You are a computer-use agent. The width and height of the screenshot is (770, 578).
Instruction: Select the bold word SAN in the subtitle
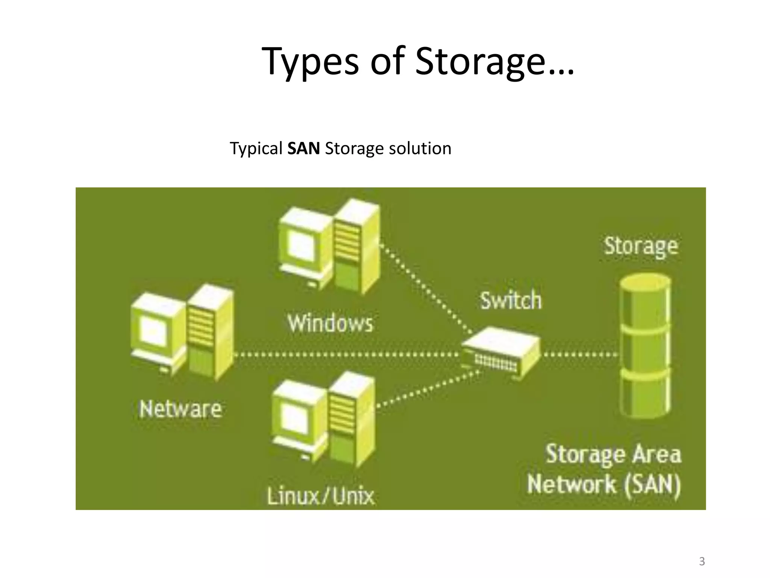pyautogui.click(x=303, y=148)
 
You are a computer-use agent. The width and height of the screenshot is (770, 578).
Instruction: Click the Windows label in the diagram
pyautogui.click(x=330, y=323)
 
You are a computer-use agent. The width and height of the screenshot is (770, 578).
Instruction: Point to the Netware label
pyautogui.click(x=180, y=409)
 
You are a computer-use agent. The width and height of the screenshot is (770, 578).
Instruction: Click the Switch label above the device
pyautogui.click(x=511, y=300)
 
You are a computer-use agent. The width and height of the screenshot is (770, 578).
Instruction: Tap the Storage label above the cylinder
pyautogui.click(x=641, y=246)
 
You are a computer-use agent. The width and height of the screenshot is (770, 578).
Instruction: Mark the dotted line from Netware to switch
pyautogui.click(x=346, y=354)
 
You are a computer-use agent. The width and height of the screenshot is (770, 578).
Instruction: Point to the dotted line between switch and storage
pyautogui.click(x=579, y=354)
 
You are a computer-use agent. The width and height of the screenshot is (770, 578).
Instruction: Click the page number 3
pyautogui.click(x=702, y=562)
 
